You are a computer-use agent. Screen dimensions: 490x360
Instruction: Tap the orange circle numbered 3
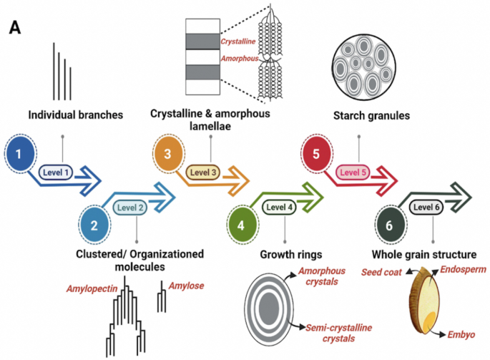[x=169, y=153]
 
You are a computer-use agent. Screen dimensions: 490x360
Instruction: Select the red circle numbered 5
[x=317, y=153]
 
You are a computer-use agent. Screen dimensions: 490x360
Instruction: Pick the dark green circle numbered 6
[x=390, y=225]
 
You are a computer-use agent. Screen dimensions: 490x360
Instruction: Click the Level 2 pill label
[x=130, y=208]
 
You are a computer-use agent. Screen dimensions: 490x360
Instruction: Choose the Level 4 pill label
[x=279, y=207]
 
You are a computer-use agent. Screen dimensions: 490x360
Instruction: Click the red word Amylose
[x=186, y=286]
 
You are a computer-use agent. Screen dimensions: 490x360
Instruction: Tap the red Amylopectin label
[x=92, y=288]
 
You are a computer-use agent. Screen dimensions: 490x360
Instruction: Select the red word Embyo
[x=461, y=335]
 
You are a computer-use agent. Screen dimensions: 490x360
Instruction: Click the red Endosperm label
[x=463, y=269]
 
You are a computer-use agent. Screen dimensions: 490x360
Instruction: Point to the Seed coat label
[x=381, y=272]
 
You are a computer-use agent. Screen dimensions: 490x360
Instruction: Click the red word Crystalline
[x=238, y=42]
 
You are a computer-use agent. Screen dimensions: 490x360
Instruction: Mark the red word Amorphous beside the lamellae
[x=240, y=59]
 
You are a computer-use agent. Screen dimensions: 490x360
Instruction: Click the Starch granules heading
[x=371, y=116]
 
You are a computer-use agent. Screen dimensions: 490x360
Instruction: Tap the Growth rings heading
[x=291, y=255]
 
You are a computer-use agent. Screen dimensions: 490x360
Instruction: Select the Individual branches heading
[x=76, y=115]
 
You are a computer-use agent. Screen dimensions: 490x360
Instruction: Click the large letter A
[x=15, y=27]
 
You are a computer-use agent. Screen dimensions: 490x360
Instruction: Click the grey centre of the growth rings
[x=269, y=308]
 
